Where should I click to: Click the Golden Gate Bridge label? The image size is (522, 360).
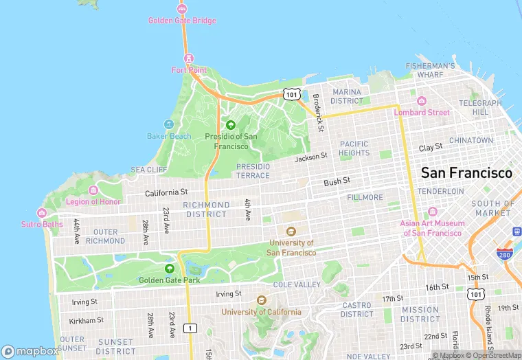coord(182,21)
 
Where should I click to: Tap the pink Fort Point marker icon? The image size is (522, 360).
coord(189,58)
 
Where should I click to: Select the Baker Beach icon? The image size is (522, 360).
coord(169,125)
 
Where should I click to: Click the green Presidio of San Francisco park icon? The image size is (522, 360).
coord(231,125)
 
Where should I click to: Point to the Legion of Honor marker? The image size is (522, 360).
coord(93,190)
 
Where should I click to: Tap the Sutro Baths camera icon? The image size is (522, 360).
coord(42,213)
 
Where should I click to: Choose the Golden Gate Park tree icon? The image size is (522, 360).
coord(169,268)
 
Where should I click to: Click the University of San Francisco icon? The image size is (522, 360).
coord(291,232)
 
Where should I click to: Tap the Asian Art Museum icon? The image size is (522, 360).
coord(433,211)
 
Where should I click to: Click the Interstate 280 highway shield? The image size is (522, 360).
coord(505,254)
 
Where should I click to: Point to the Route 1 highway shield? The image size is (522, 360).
coord(191,328)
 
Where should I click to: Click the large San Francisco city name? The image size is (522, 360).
coord(466,172)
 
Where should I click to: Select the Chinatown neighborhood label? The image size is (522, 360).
coord(470,140)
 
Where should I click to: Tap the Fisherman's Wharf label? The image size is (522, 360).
coord(431,70)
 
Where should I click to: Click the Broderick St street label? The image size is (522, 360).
coord(317,113)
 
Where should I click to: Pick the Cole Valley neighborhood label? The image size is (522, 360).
coord(297,284)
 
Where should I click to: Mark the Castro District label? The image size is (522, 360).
coord(356,309)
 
